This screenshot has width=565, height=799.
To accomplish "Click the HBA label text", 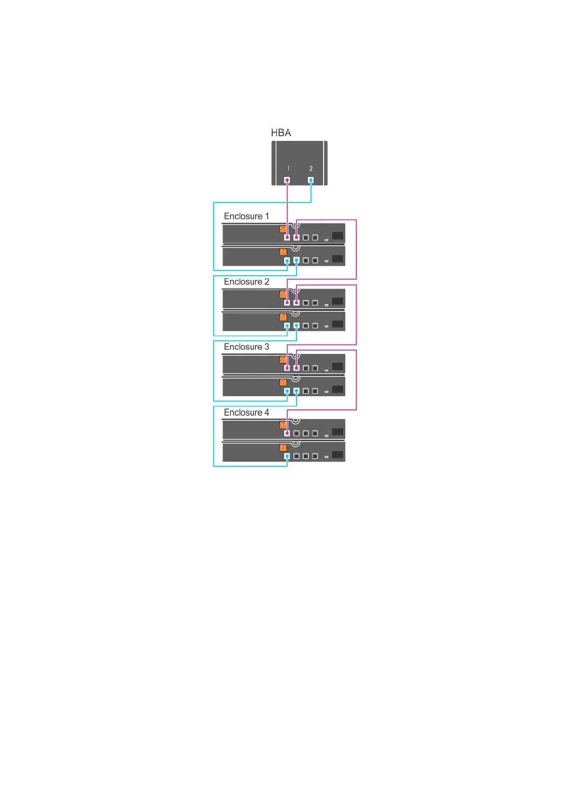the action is pyautogui.click(x=281, y=133).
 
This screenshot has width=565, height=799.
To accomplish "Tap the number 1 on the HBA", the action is pyautogui.click(x=288, y=168).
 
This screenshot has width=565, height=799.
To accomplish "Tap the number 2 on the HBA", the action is pyautogui.click(x=311, y=168).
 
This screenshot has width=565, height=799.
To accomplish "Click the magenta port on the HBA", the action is pyautogui.click(x=287, y=180).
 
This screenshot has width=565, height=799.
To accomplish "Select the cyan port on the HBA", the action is pyautogui.click(x=311, y=180).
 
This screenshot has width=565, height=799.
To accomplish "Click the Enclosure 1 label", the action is pyautogui.click(x=246, y=216).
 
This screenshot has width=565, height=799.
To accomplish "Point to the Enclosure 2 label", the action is pyautogui.click(x=246, y=282).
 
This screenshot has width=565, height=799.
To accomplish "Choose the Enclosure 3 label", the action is pyautogui.click(x=246, y=347).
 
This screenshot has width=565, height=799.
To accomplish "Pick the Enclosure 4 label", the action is pyautogui.click(x=246, y=412).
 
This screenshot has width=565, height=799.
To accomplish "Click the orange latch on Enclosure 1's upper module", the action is pyautogui.click(x=283, y=229).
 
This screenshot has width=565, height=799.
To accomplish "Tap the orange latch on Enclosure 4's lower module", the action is pyautogui.click(x=283, y=447).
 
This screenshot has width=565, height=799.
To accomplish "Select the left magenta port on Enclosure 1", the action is pyautogui.click(x=287, y=237).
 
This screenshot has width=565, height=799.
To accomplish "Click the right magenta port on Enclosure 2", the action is pyautogui.click(x=296, y=302).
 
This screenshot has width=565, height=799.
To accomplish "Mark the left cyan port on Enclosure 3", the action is pyautogui.click(x=287, y=391).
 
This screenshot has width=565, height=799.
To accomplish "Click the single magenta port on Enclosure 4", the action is pyautogui.click(x=287, y=433).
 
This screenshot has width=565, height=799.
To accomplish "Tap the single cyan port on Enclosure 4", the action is pyautogui.click(x=287, y=456).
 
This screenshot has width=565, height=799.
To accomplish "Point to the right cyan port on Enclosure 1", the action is pyautogui.click(x=296, y=260).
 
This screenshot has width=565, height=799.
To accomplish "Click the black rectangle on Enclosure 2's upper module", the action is pyautogui.click(x=338, y=301).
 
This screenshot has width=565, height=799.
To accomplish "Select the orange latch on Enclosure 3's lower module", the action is pyautogui.click(x=283, y=382).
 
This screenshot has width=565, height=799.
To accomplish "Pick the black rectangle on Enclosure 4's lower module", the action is pyautogui.click(x=338, y=455).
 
